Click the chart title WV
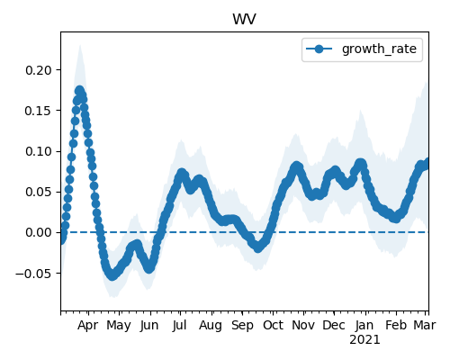[x=244, y=19]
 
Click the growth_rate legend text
[x=379, y=49]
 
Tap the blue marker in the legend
[x=319, y=49]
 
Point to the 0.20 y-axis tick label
[x=39, y=70]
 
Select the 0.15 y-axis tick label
[x=39, y=111]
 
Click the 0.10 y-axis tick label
[x=39, y=151]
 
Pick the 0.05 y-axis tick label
[x=39, y=192]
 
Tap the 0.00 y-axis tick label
[x=39, y=232]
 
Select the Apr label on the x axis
[x=87, y=326]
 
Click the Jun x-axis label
[x=149, y=326]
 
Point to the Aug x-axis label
[x=211, y=326]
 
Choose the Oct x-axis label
[x=273, y=326]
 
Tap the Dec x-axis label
[x=334, y=326]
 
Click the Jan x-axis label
[x=364, y=326]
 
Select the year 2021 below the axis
[x=364, y=340]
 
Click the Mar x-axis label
[x=425, y=326]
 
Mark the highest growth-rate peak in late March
[x=79, y=90]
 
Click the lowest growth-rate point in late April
[x=112, y=275]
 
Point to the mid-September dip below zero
[x=257, y=247]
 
